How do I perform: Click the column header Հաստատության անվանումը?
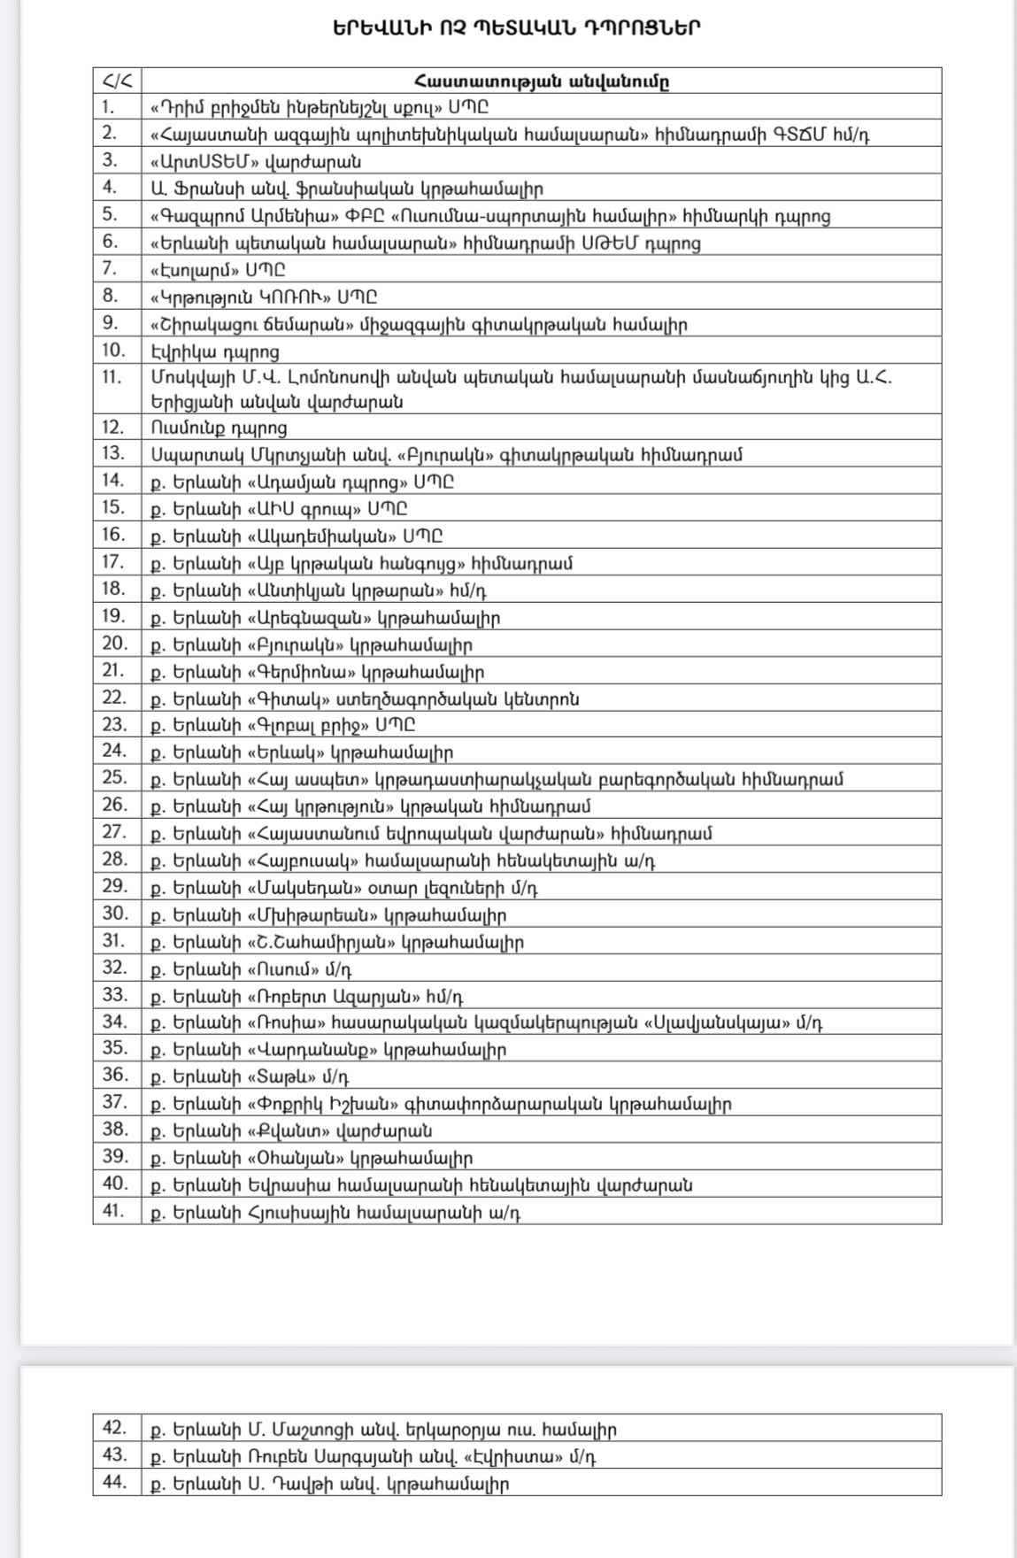(541, 81)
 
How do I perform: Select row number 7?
(111, 269)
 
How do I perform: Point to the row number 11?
(112, 377)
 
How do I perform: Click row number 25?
(115, 778)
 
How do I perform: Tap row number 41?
(115, 1211)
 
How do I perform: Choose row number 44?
(115, 1482)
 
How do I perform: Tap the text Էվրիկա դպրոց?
(215, 351)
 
